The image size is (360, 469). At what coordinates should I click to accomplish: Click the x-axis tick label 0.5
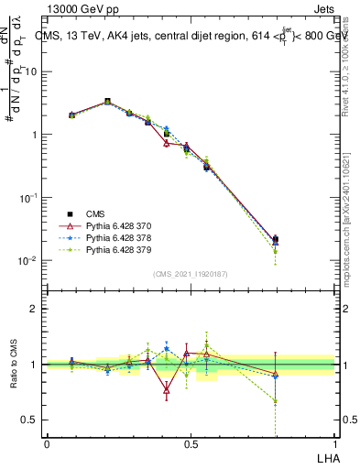point(191,444)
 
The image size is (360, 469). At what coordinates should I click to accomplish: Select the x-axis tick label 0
point(47,444)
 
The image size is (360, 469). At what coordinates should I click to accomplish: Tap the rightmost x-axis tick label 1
point(335,444)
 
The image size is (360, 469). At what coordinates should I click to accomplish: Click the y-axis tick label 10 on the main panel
point(31,71)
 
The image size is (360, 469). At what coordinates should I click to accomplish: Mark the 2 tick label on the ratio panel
point(33,309)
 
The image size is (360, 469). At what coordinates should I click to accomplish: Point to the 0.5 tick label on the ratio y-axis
point(28,420)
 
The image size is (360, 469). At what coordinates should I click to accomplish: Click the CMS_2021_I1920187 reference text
point(191,274)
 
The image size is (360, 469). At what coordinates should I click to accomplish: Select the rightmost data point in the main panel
point(276,240)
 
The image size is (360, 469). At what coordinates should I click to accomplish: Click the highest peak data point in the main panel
point(107,102)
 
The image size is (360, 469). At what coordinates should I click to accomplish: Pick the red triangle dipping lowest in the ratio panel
point(167,390)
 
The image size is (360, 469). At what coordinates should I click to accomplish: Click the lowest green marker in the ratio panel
point(276,401)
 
